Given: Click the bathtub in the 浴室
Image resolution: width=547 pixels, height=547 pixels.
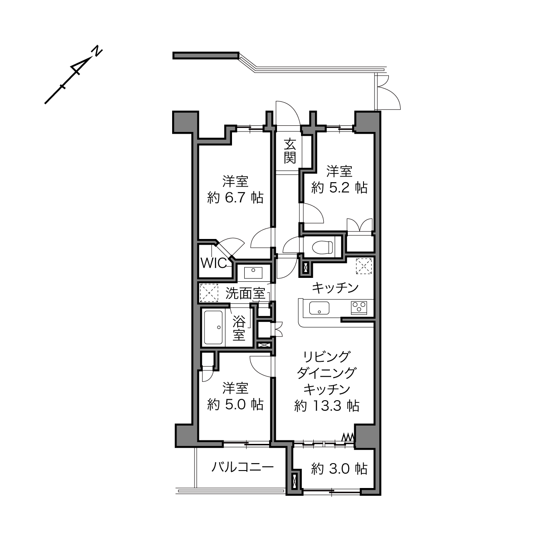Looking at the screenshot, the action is pos(213,327).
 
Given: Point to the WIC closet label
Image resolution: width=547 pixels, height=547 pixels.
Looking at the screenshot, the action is pos(214,263).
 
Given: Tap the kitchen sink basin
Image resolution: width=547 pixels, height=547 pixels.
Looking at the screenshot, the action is pos(319,308).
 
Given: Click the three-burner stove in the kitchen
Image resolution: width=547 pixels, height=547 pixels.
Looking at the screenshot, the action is pos(359,308).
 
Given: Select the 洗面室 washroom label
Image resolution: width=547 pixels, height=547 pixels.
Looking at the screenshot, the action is pos(245,294).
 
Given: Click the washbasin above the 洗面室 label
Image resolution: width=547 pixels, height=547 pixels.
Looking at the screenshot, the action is pos(253,273).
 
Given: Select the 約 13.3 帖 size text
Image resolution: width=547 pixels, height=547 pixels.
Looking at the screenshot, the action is pos(327,406).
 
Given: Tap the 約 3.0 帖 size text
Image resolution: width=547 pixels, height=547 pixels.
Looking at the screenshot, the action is pos(339,469).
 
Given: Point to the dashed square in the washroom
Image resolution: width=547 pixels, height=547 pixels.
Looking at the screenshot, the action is pos(209,292).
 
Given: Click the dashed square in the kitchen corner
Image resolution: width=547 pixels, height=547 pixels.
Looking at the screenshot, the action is pos(364,266).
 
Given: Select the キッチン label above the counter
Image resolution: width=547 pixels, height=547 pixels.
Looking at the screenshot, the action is pos(335,288).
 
